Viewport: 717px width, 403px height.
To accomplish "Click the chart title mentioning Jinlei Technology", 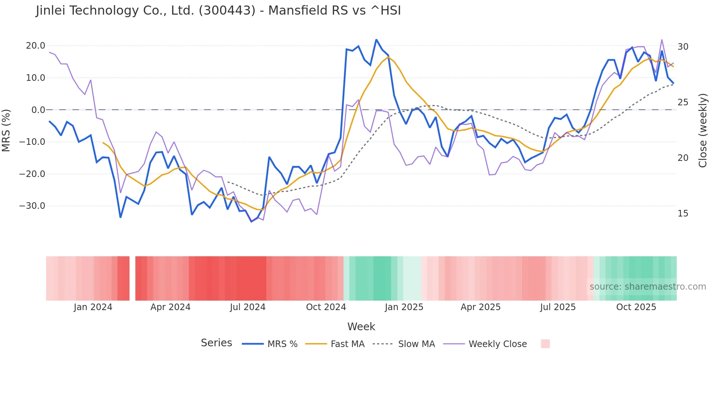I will (x=218, y=11).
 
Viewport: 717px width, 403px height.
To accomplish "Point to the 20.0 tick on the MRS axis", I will (x=35, y=46).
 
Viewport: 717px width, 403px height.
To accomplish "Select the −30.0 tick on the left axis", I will (x=32, y=206).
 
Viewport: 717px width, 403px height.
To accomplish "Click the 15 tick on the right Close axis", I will (x=683, y=214).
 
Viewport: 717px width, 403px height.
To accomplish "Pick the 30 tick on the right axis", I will (x=683, y=47).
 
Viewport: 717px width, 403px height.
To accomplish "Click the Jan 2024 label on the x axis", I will (x=93, y=307).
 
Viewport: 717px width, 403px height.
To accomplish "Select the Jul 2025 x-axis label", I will (x=558, y=307).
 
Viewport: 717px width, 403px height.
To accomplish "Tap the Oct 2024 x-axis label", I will (x=326, y=307).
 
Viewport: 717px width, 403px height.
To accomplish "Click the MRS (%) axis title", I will (x=6, y=130).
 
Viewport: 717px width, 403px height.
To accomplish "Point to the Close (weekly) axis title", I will (x=703, y=131).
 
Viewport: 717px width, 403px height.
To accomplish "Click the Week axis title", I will (x=361, y=327).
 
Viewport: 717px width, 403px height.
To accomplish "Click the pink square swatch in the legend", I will (x=545, y=344).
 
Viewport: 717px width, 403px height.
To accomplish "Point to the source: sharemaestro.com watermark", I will (x=647, y=287).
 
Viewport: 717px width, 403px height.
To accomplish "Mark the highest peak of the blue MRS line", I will (x=376, y=39).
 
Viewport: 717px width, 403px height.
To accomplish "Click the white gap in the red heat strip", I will (x=132, y=278).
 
